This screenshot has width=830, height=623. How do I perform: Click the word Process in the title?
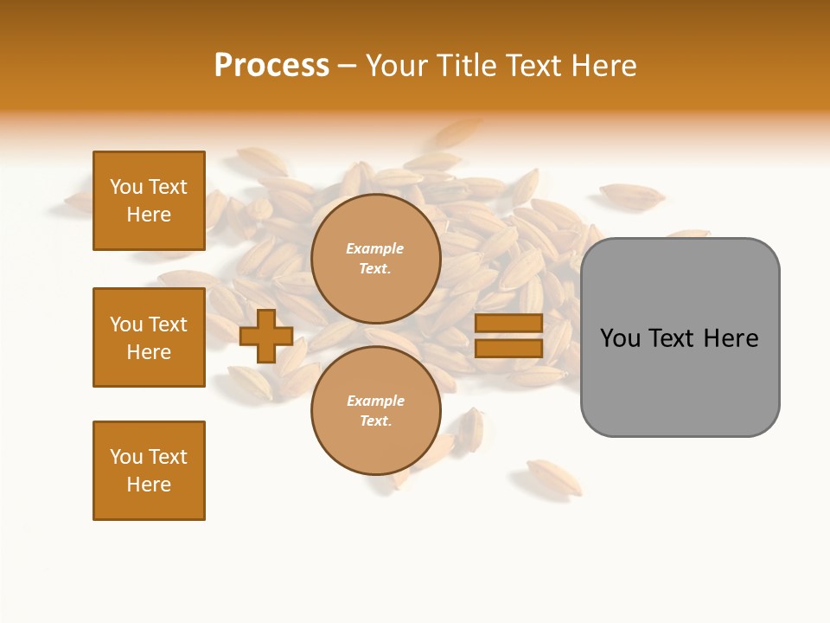tap(271, 66)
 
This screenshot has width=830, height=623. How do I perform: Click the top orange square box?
tap(149, 201)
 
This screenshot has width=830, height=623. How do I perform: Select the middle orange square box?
tap(149, 337)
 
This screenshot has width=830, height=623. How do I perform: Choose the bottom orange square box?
tap(149, 471)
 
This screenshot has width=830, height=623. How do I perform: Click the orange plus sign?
tap(266, 337)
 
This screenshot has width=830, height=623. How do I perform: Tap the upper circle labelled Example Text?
tap(375, 259)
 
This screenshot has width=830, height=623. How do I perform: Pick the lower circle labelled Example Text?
tap(375, 411)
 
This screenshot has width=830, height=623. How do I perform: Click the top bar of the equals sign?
tap(508, 324)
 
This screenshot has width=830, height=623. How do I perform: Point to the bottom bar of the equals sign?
tap(508, 348)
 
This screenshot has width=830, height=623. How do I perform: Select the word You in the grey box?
tap(621, 338)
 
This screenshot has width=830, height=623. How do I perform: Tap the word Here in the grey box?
tap(731, 338)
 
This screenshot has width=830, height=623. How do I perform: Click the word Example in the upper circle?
tap(375, 248)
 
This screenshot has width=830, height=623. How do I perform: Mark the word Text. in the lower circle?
tap(375, 421)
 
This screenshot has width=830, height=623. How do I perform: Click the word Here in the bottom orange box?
tap(149, 485)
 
